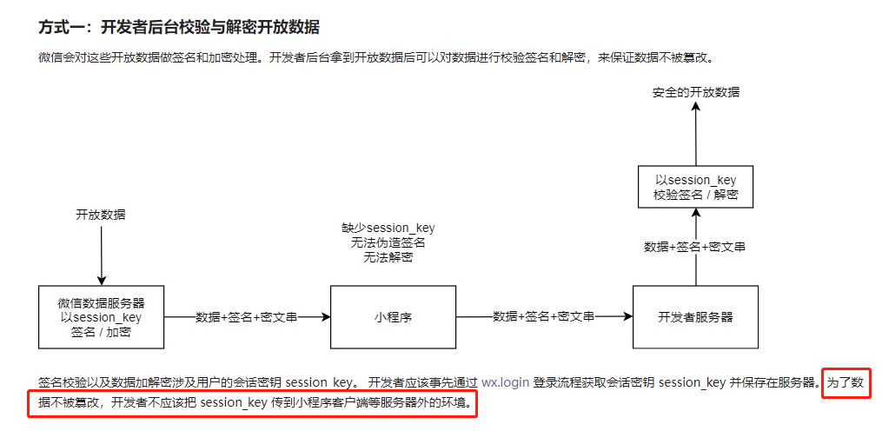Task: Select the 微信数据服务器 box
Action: coord(102,317)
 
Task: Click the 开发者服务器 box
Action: coord(695,317)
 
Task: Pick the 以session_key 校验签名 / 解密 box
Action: coord(695,188)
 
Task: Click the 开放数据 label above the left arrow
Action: coord(101,215)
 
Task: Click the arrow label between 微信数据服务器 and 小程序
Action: coord(247,317)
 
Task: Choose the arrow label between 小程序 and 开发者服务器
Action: coord(544,317)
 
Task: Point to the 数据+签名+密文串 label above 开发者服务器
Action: coord(695,247)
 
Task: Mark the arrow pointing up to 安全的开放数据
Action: coord(695,130)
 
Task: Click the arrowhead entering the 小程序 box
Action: coord(326,317)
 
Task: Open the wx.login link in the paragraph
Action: coord(506,382)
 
